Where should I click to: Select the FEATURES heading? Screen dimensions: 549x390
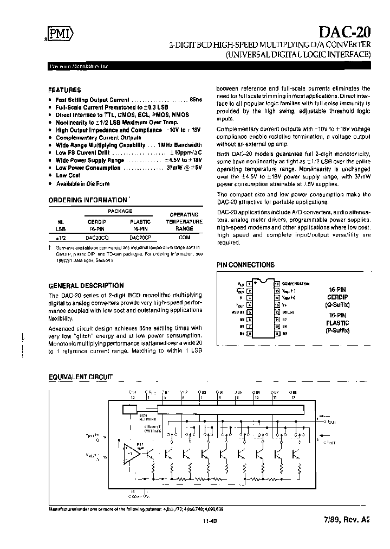click(x=64, y=90)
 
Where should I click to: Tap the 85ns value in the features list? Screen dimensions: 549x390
click(x=196, y=100)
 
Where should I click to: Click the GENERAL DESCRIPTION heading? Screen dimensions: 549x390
click(x=86, y=285)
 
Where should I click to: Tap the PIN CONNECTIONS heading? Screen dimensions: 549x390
click(x=245, y=265)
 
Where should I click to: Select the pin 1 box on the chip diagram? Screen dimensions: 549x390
click(x=249, y=284)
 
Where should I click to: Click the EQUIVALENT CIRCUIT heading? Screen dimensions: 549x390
click(x=80, y=376)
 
